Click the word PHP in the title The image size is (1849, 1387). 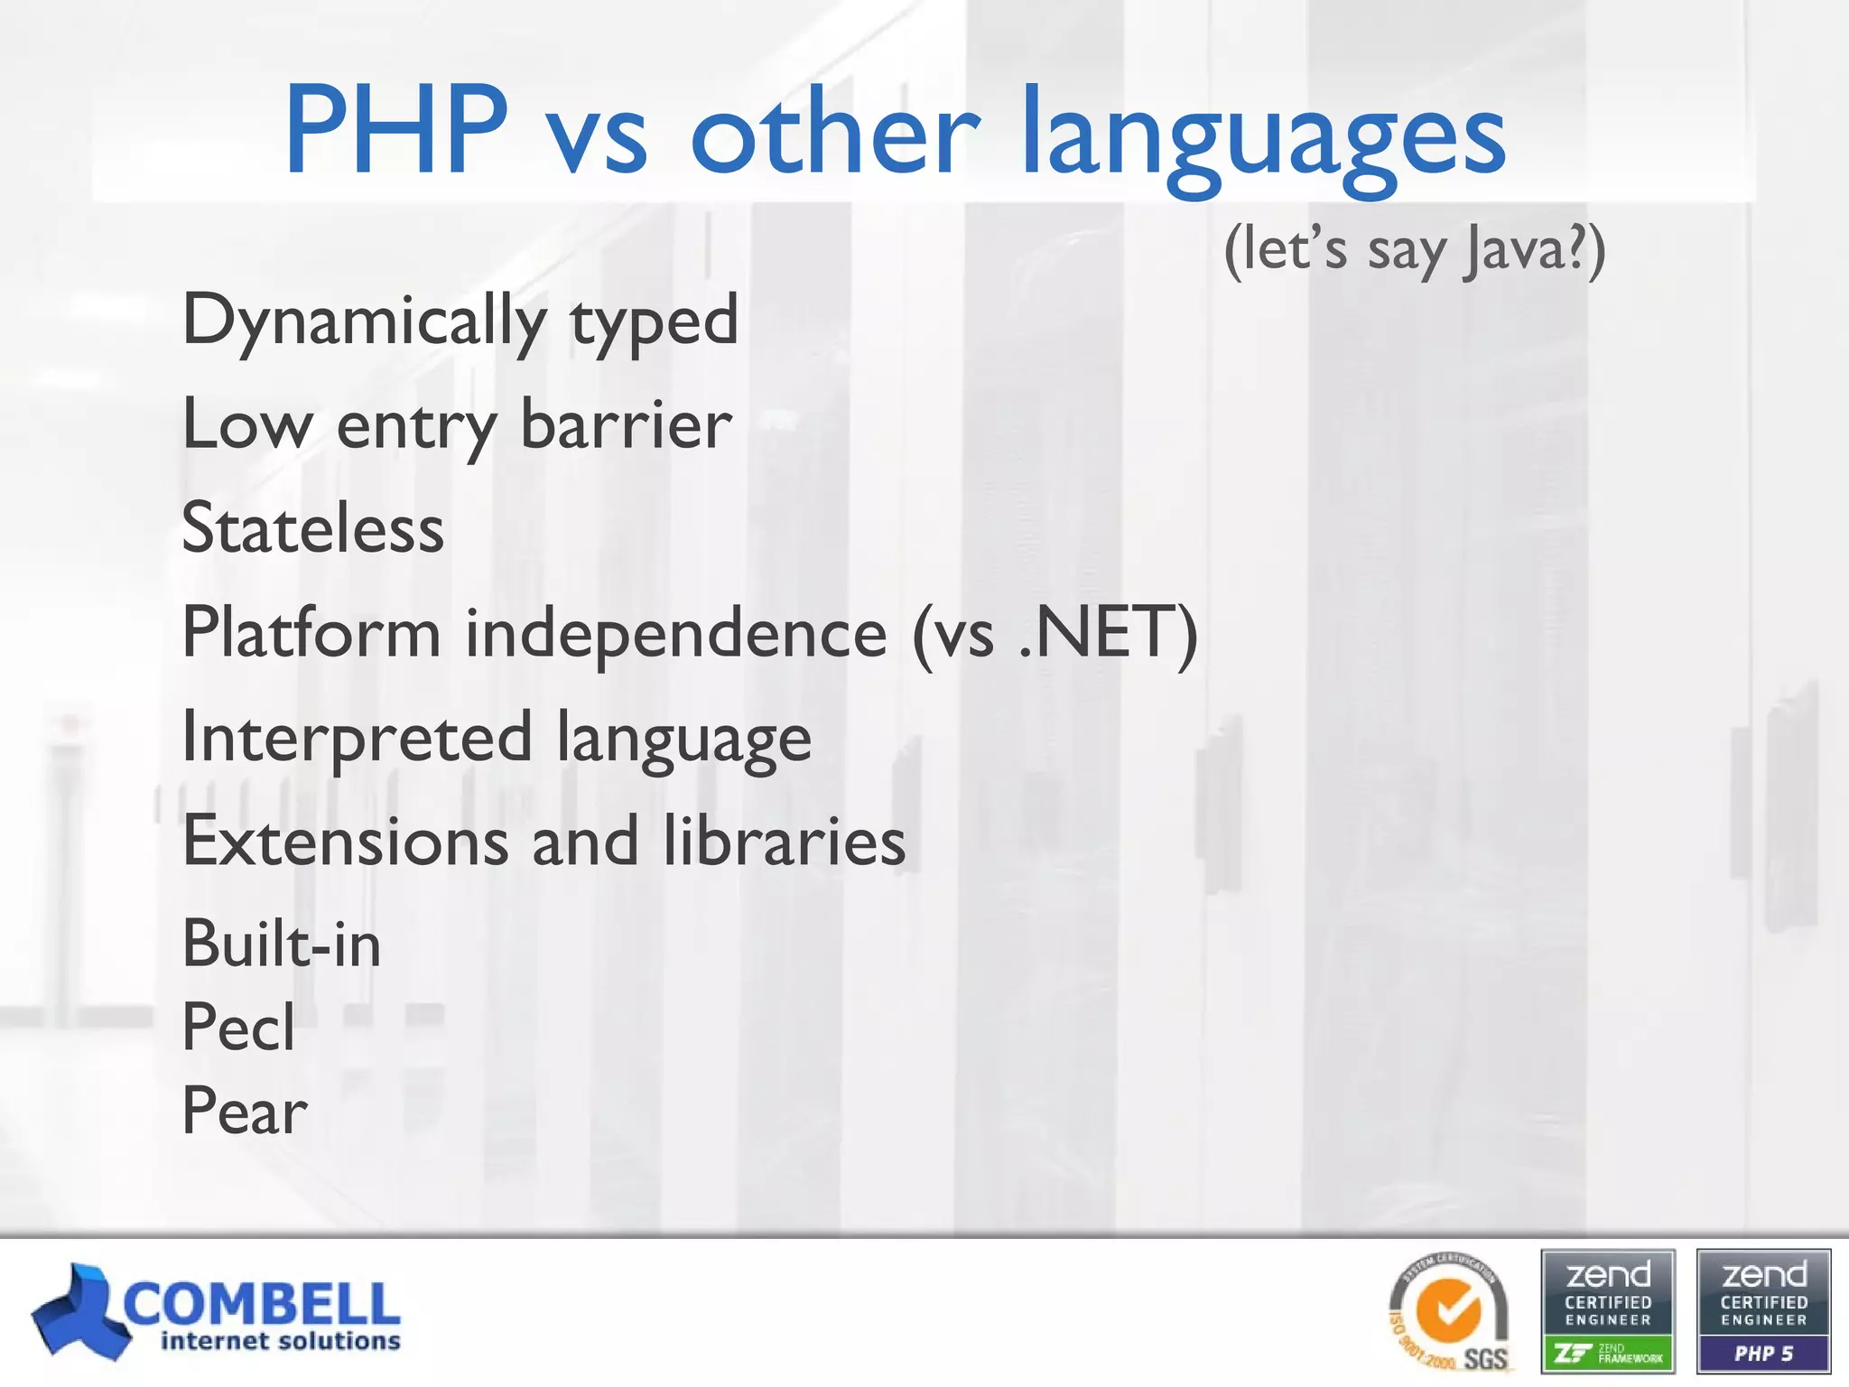point(395,131)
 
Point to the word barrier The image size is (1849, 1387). point(626,424)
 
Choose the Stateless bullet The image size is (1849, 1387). point(312,528)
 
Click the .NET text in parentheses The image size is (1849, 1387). point(1105,633)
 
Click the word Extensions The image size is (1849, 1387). point(346,841)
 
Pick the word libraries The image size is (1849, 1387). point(784,841)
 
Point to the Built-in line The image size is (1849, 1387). point(281,945)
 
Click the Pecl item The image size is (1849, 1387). point(238,1028)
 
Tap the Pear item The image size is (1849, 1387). point(244,1111)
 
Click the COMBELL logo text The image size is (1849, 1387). point(262,1303)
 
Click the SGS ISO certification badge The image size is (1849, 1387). point(1449,1315)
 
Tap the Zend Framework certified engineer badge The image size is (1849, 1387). point(1607,1311)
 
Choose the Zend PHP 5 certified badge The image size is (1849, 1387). point(1763,1311)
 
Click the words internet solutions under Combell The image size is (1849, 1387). point(280,1342)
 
